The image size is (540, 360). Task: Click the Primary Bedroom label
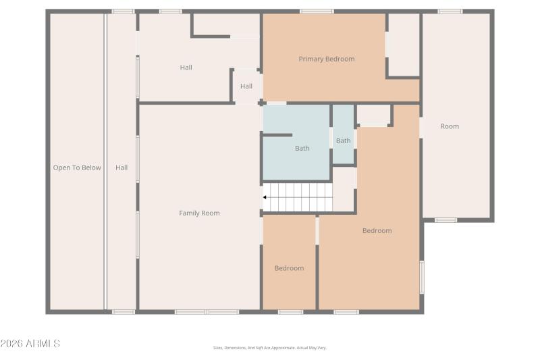326,59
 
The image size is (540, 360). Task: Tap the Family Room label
199,213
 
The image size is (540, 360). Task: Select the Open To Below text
77,168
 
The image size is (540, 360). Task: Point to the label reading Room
450,126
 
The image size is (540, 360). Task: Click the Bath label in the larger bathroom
302,148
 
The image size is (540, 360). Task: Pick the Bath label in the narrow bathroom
344,140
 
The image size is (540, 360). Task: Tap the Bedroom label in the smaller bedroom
289,268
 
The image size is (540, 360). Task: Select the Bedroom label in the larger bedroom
377,230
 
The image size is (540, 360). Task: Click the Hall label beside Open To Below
122,168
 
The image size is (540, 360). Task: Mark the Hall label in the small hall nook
246,86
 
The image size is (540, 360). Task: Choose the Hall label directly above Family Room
186,67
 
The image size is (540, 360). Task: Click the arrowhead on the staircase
265,197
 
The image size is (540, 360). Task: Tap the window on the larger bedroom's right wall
422,277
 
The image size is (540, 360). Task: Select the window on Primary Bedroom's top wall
316,11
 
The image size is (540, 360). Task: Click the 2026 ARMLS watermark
30,344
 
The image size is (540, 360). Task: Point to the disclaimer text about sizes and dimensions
269,348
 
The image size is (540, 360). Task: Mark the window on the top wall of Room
450,11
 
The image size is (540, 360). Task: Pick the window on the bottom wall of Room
446,220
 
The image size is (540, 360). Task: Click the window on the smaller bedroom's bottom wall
290,312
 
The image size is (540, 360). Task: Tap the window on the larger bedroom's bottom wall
346,312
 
